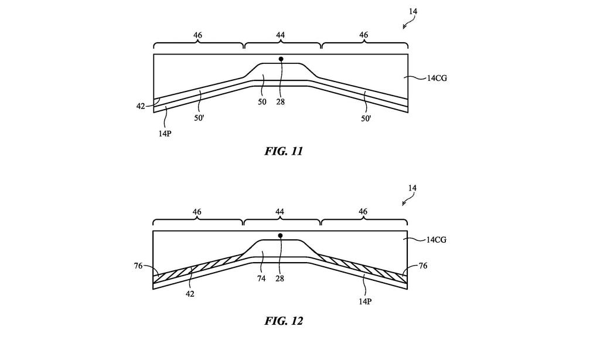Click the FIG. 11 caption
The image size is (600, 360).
coord(284,151)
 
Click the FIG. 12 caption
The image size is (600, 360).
coord(284,321)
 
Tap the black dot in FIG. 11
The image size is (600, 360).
coord(281,59)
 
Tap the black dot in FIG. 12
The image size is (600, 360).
coord(280,236)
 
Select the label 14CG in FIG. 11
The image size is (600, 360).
coord(437,79)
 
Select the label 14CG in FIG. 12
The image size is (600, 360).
coord(436,240)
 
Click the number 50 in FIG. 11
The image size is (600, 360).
coord(262,102)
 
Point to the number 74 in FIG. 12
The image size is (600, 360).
coord(261,279)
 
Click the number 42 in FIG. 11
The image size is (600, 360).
coord(141,106)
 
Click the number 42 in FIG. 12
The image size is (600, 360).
coord(190,294)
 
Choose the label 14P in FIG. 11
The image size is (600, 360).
coord(165,134)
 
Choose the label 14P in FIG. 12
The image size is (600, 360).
coord(365,301)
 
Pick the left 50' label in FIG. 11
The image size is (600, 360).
coord(199,118)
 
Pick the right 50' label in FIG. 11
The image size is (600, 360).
coord(366,118)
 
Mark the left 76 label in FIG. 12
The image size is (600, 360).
coord(138,266)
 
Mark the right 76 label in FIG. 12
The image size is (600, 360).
coord(423,266)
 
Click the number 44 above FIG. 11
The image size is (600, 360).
coord(281,35)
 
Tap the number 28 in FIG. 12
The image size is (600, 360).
coord(279,279)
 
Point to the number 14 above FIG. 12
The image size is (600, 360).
coord(412,188)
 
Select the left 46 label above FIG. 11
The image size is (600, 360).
coord(197,35)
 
